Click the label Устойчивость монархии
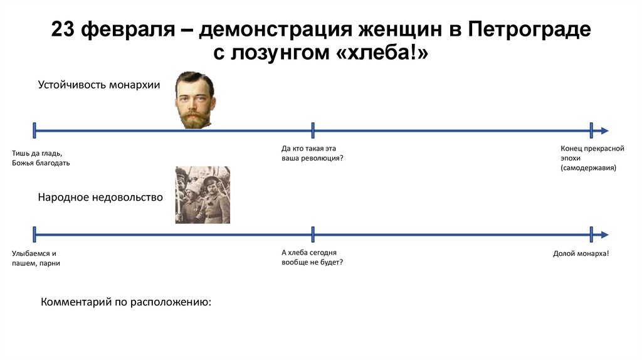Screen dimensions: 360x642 (x=99, y=85)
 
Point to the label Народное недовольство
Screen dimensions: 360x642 (x=100, y=198)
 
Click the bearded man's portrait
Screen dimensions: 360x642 (x=194, y=99)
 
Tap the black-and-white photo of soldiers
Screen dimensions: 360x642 (x=203, y=195)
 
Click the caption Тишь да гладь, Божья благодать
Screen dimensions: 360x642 (x=41, y=158)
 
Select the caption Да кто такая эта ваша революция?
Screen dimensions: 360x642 (x=312, y=154)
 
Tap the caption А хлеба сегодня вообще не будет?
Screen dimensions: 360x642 (x=312, y=257)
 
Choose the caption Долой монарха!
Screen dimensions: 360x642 (x=581, y=253)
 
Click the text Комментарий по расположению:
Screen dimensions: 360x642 (x=126, y=302)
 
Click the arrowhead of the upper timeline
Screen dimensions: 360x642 (x=604, y=130)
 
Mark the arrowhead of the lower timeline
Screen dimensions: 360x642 (x=604, y=235)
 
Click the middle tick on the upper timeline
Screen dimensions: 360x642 (x=313, y=130)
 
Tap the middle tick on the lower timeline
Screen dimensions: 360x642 (x=313, y=235)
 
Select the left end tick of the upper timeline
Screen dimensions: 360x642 (x=34, y=130)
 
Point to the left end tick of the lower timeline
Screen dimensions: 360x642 (x=34, y=235)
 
